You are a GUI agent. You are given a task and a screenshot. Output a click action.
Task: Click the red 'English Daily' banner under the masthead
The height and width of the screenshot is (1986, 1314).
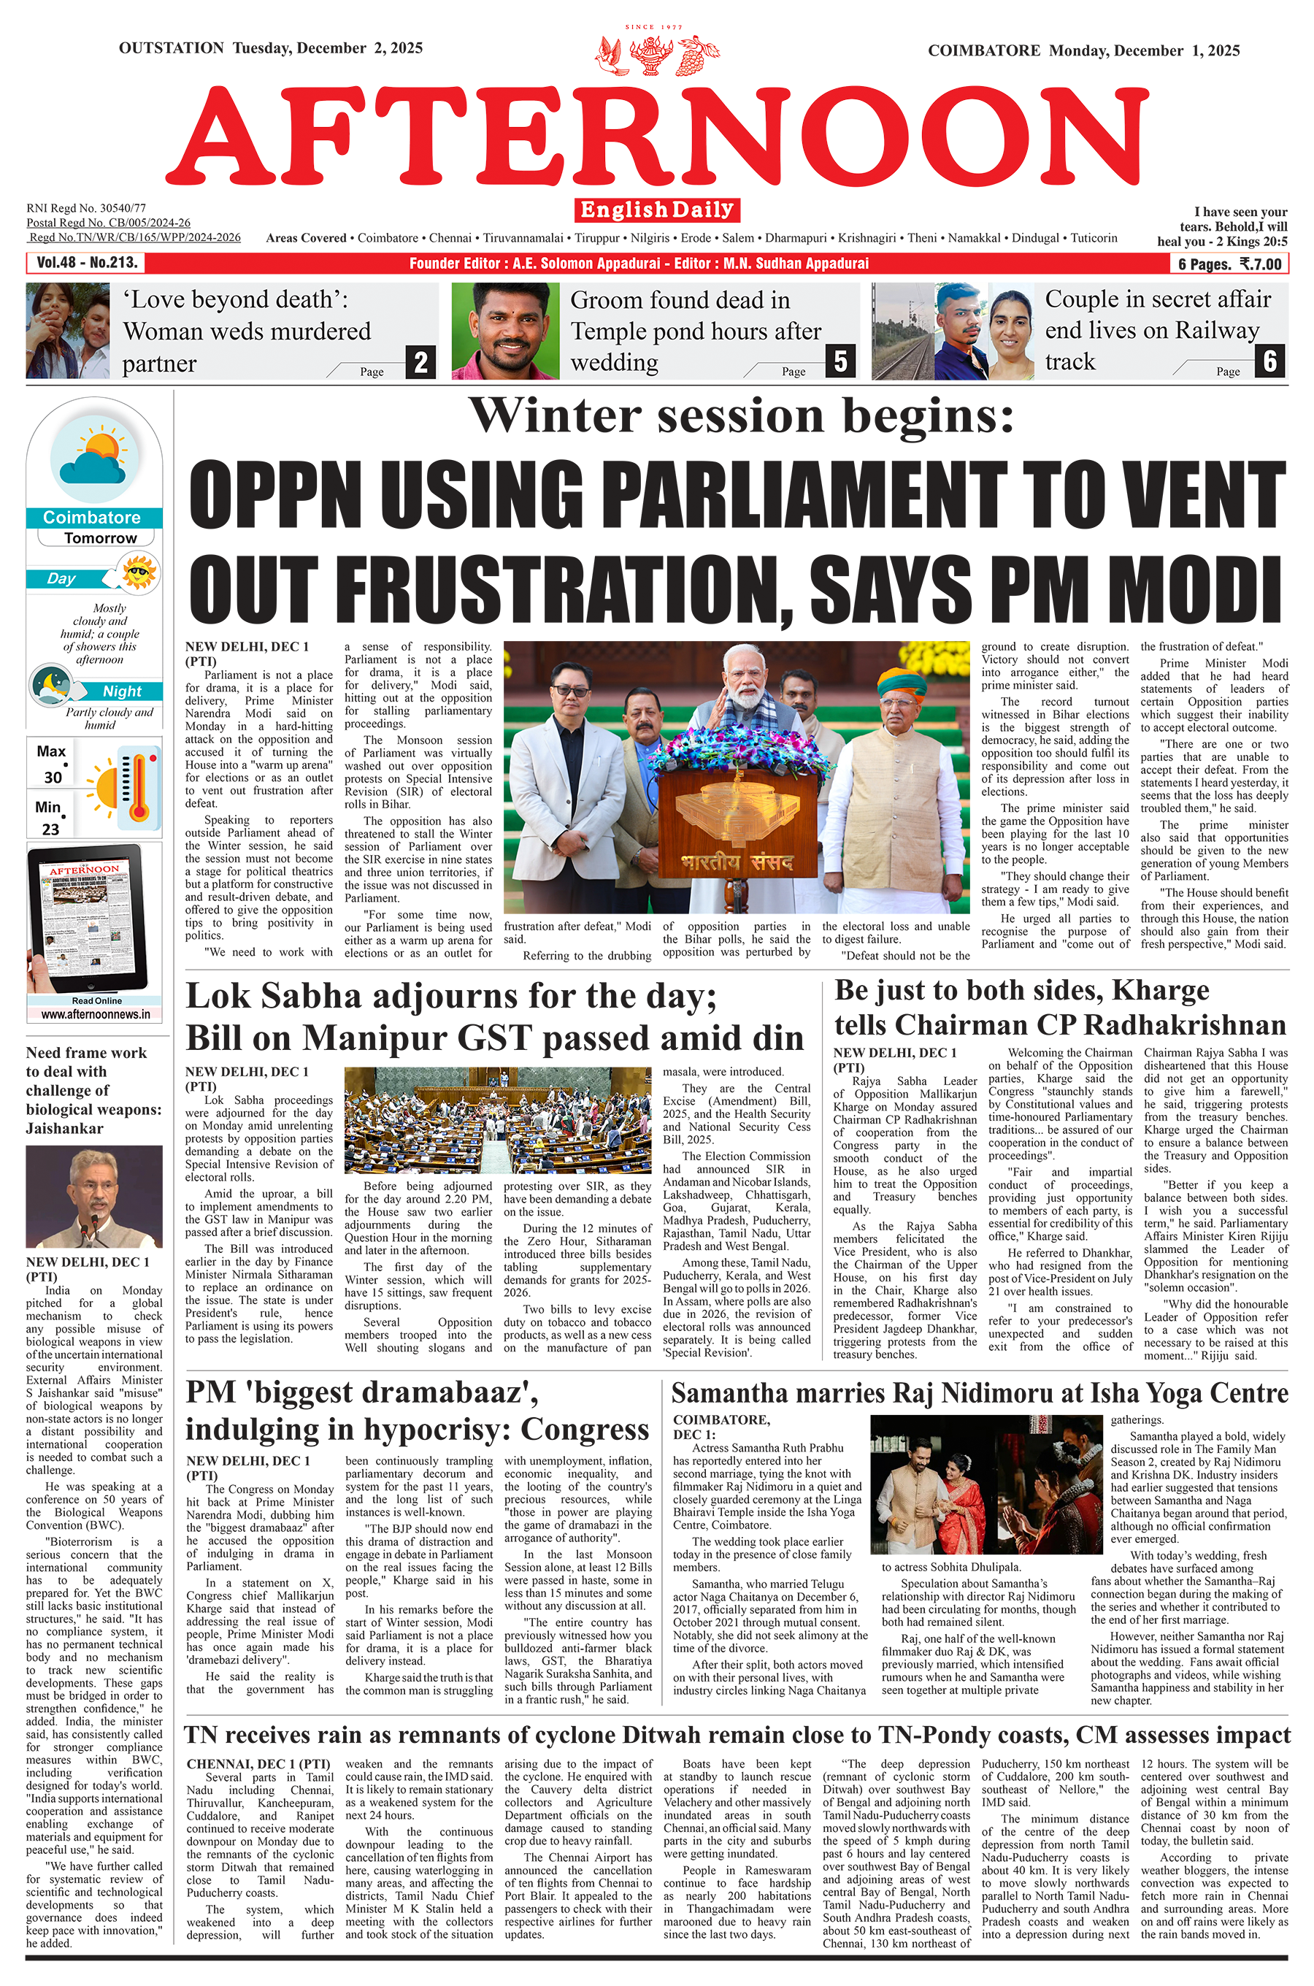(657, 210)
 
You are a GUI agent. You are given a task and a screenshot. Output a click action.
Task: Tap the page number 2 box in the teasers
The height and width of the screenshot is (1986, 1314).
(420, 362)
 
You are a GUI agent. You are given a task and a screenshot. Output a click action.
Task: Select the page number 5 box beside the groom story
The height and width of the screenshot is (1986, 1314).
(840, 361)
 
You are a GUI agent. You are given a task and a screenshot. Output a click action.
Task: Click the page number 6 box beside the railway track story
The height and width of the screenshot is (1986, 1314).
(1270, 361)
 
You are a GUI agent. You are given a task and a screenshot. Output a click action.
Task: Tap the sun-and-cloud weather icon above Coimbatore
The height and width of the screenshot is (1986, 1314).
(93, 456)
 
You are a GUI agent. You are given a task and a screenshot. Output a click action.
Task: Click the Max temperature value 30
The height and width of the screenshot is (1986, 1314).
(53, 777)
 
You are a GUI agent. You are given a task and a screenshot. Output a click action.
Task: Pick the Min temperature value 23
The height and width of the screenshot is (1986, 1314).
(51, 829)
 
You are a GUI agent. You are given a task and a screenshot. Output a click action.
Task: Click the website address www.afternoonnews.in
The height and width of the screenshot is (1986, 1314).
(96, 1014)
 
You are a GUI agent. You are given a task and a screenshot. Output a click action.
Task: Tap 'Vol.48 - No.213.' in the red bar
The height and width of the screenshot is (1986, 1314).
(86, 263)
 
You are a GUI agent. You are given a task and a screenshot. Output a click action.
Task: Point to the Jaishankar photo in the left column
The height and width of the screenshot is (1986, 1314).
(94, 1197)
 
